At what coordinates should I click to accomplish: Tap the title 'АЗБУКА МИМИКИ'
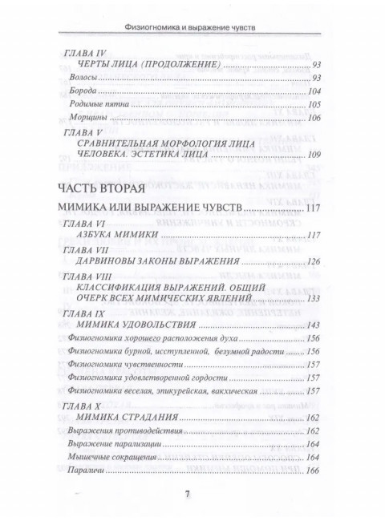pyautogui.click(x=116, y=236)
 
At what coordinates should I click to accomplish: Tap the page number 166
pyautogui.click(x=312, y=470)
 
